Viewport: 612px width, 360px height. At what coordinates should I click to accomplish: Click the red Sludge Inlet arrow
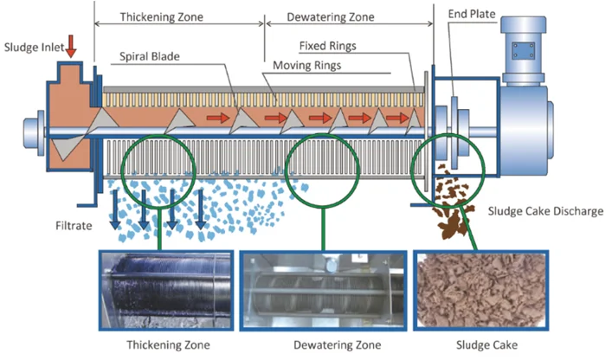(x=71, y=45)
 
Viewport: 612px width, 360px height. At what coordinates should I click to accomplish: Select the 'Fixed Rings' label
(x=328, y=45)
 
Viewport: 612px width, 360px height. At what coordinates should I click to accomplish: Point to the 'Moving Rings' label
(x=307, y=66)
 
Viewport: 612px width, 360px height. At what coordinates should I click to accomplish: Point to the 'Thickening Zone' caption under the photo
(x=168, y=345)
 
